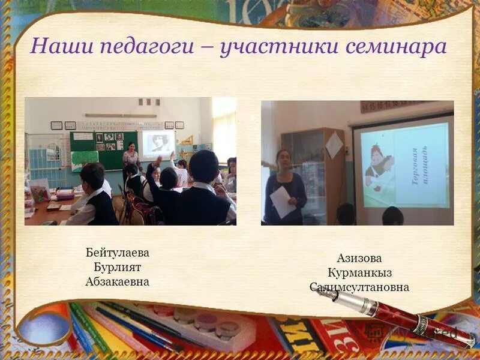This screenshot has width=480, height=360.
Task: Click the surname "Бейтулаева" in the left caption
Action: pyautogui.click(x=117, y=253)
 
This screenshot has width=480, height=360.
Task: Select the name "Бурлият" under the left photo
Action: pyautogui.click(x=117, y=267)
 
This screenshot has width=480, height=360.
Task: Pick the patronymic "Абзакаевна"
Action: pyautogui.click(x=117, y=281)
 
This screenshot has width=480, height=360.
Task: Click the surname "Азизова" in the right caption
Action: pyautogui.click(x=359, y=259)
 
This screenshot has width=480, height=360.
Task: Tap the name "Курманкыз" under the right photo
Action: pyautogui.click(x=359, y=273)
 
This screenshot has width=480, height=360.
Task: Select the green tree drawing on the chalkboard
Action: pyautogui.click(x=84, y=158)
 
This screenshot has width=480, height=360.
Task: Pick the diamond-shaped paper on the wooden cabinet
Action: pyautogui.click(x=334, y=145)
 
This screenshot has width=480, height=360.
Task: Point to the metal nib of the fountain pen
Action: pyautogui.click(x=327, y=293)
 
